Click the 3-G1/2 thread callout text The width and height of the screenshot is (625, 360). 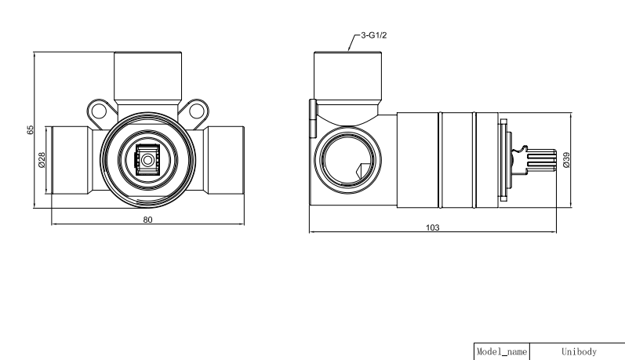pyautogui.click(x=373, y=35)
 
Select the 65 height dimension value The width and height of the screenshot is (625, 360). pyautogui.click(x=31, y=129)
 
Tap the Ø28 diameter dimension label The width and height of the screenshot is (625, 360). pyautogui.click(x=42, y=160)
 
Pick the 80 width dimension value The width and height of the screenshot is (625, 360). pyautogui.click(x=147, y=220)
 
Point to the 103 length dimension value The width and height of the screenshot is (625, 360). pyautogui.click(x=432, y=227)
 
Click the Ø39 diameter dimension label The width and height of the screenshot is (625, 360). pyautogui.click(x=566, y=160)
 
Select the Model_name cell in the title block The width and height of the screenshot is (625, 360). pyautogui.click(x=502, y=351)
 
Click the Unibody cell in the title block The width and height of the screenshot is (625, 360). pyautogui.click(x=579, y=351)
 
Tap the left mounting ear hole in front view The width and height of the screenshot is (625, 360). pyautogui.click(x=99, y=111)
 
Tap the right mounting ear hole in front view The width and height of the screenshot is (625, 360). pyautogui.click(x=197, y=111)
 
